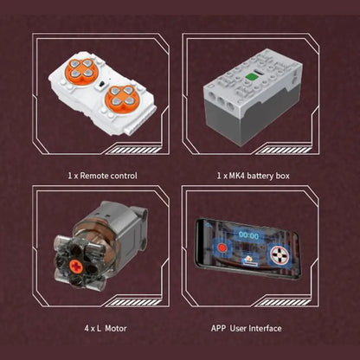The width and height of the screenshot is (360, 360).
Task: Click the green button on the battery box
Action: pyautogui.click(x=250, y=76)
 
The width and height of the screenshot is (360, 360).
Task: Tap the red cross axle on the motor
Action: pyautogui.click(x=76, y=267)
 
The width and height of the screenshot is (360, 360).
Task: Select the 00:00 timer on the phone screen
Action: pyautogui.click(x=248, y=236)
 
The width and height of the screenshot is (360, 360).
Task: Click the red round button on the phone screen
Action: pyautogui.click(x=222, y=248)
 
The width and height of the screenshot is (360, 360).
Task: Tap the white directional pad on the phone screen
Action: pyautogui.click(x=280, y=255)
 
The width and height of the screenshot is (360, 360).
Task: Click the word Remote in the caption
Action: pyautogui.click(x=93, y=176)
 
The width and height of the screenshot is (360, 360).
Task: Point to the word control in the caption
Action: pyautogui.click(x=122, y=176)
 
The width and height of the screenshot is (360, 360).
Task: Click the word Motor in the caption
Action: pyautogui.click(x=116, y=328)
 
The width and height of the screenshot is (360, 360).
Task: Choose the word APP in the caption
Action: pyautogui.click(x=218, y=328)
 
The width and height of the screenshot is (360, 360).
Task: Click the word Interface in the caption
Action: pyautogui.click(x=265, y=328)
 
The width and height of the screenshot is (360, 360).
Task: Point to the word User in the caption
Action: pyautogui.click(x=238, y=328)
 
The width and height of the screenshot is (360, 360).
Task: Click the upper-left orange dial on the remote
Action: pyautogui.click(x=82, y=71)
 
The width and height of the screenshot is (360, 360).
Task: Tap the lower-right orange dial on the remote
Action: pyautogui.click(x=122, y=98)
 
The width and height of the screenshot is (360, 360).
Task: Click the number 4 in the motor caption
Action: pyautogui.click(x=87, y=329)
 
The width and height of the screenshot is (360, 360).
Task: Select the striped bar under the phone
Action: pyautogui.click(x=284, y=302)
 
